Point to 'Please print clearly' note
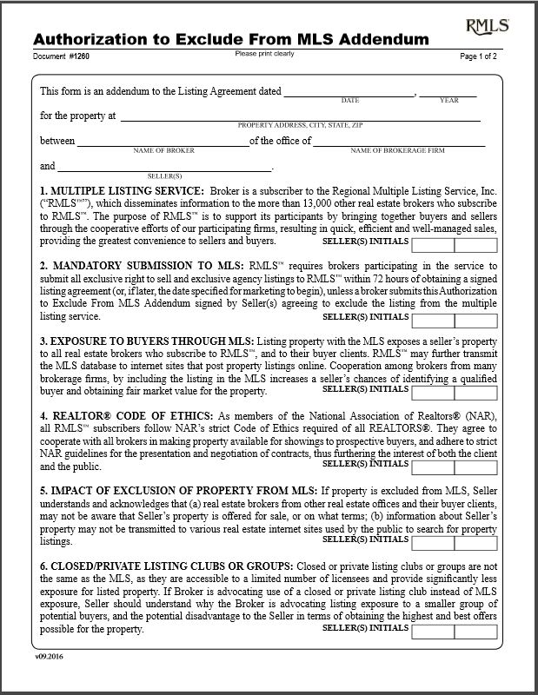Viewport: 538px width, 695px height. (x=264, y=54)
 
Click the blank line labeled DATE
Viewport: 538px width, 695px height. (x=349, y=91)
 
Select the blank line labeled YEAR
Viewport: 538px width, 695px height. (x=448, y=91)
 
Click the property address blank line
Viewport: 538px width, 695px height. (x=300, y=116)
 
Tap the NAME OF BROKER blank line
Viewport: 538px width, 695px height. (x=163, y=142)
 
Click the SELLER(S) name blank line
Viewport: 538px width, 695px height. (x=163, y=166)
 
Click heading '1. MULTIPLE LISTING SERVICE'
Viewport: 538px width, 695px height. (x=122, y=189)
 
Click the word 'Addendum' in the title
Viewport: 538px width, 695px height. (x=379, y=39)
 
